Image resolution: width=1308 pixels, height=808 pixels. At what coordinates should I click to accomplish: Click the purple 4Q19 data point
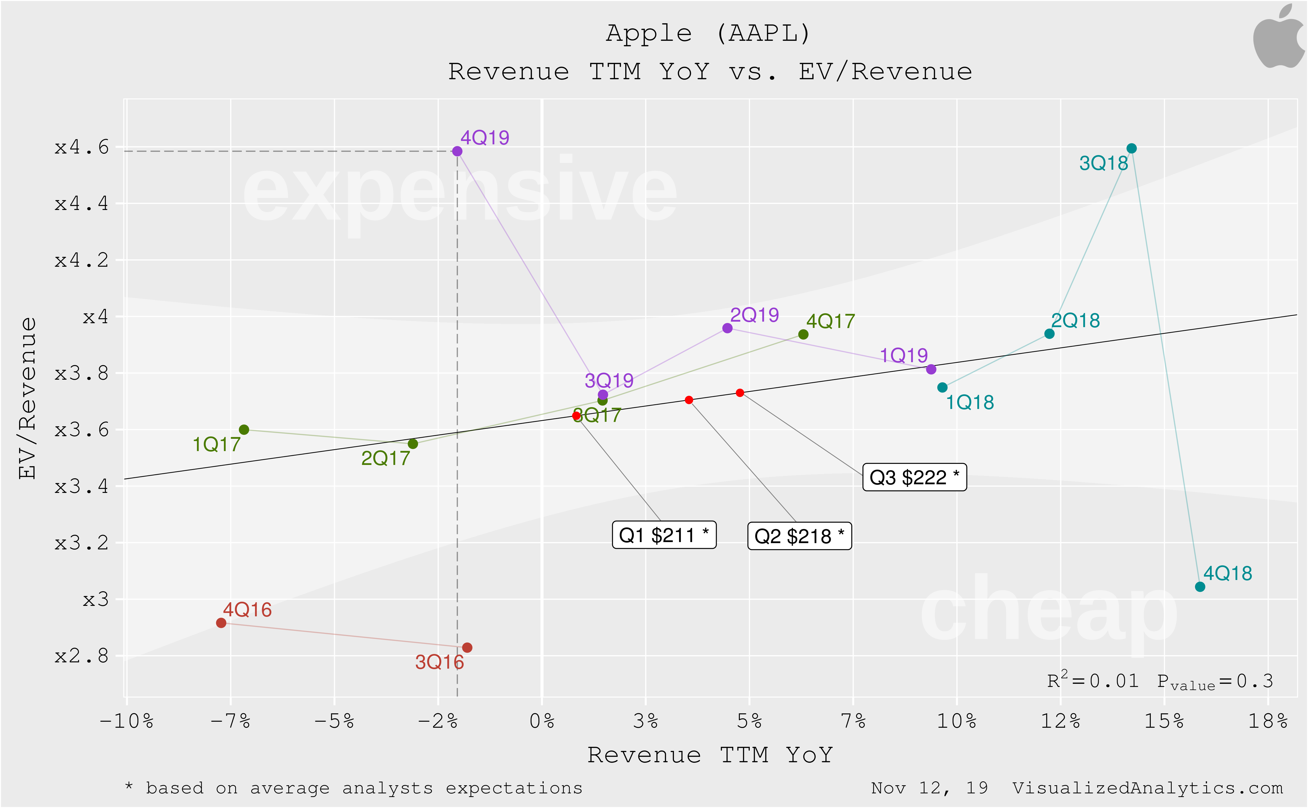click(457, 151)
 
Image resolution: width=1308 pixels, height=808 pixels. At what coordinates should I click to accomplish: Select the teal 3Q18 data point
click(1131, 148)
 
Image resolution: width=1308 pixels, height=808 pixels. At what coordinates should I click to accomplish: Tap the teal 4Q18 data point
click(1199, 587)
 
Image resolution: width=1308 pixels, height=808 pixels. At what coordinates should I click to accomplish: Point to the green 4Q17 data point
click(803, 334)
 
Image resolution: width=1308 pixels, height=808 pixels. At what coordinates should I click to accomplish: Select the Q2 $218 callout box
click(799, 536)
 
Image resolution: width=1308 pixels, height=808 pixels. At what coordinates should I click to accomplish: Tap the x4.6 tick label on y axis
click(82, 147)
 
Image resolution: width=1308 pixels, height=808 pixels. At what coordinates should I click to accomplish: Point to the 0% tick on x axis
click(542, 721)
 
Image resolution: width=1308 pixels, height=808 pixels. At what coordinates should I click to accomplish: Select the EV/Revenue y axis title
click(28, 398)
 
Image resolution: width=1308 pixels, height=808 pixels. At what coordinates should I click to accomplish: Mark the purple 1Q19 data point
click(931, 369)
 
